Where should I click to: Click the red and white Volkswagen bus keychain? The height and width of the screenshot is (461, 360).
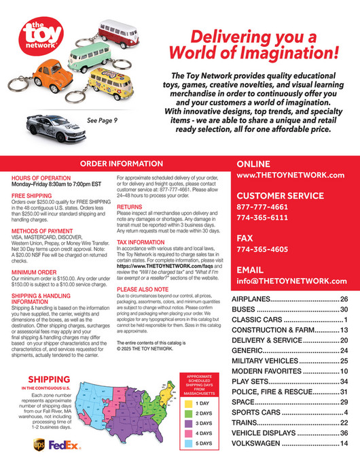[x=122, y=32]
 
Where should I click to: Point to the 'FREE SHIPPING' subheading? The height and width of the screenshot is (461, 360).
[x=29, y=195]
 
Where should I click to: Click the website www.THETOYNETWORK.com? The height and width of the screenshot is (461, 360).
[x=290, y=175]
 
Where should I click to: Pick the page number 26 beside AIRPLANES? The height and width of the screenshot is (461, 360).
[x=344, y=300]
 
